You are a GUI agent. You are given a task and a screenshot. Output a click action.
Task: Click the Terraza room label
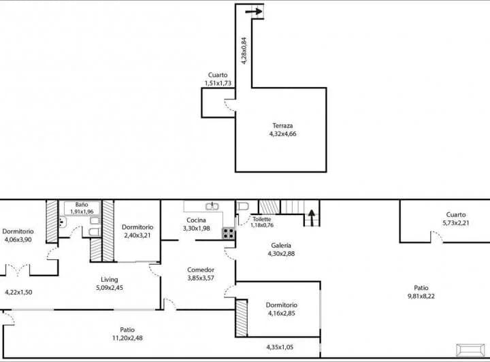pos(282,126)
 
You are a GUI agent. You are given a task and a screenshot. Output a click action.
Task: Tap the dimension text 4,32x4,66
pos(282,134)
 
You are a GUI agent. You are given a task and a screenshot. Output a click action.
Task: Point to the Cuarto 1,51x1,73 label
pos(218,79)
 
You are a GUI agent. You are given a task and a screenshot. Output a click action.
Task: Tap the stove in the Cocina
pos(229,233)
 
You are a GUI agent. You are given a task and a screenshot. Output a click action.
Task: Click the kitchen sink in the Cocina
pos(212,205)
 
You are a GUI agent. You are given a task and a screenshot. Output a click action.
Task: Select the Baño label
pos(82,204)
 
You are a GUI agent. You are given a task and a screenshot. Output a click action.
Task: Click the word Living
pos(110,280)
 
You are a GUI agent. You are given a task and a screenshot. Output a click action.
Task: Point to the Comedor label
pos(201,269)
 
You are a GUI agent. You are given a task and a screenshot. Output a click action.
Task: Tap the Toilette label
pos(261,219)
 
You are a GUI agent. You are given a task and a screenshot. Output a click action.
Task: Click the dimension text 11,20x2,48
pos(127,338)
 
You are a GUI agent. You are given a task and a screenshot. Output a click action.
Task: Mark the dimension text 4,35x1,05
pos(280,347)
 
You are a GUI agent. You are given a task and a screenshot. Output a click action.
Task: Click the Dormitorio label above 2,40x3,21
pos(137,227)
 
